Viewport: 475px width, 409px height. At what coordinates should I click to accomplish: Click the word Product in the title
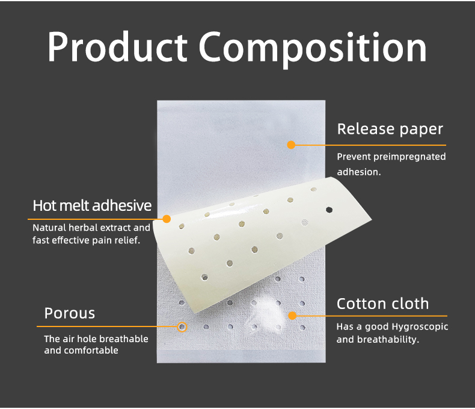point(118,48)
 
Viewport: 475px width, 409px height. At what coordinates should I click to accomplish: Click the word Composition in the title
point(313,48)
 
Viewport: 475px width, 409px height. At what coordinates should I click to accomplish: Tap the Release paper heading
point(390,129)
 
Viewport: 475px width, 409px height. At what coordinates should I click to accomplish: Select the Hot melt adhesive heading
point(92,205)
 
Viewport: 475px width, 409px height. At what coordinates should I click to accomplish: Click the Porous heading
point(70,313)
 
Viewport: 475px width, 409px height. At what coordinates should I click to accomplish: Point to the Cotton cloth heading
point(382,303)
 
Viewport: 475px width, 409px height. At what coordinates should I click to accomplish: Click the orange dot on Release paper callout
point(291,145)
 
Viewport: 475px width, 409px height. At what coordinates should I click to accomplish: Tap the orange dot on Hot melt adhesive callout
point(167,219)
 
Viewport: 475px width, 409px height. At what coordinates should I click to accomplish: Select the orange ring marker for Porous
point(182,327)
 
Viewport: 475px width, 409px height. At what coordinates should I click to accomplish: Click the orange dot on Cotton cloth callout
point(292,315)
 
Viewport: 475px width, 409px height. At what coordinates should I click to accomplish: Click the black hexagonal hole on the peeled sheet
point(329,210)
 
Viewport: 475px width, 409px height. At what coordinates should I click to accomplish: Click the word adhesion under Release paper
point(359,172)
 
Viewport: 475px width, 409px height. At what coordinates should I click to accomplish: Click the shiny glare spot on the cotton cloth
point(265,299)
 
